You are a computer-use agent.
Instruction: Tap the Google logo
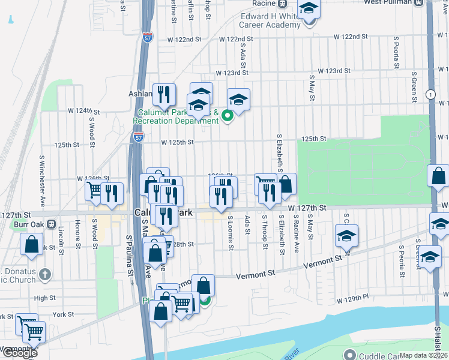coord(19,353)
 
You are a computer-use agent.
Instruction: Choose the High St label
coord(44,298)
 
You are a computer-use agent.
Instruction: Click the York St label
coord(62,314)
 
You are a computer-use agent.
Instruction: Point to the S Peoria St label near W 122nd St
coord(396,52)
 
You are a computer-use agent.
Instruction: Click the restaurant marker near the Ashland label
coord(163,95)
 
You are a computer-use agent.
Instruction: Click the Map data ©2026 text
coord(424,355)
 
